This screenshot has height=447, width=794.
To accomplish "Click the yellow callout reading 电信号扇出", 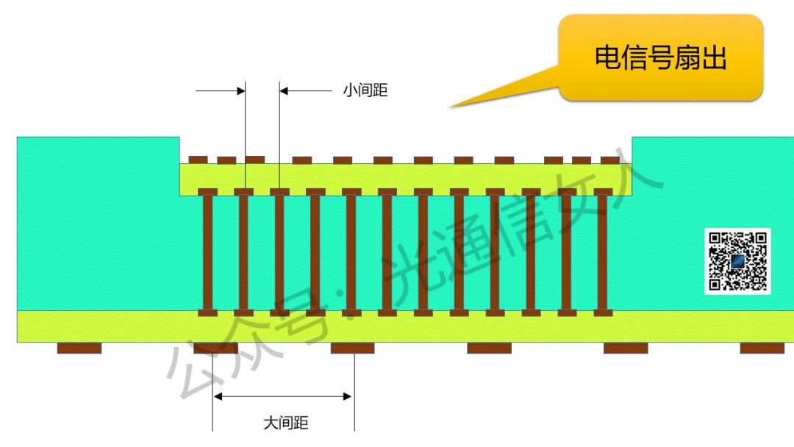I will click(660, 57).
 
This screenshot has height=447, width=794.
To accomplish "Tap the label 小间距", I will click(365, 91).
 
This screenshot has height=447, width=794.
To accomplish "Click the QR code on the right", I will click(737, 261).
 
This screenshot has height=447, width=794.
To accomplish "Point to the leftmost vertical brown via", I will click(208, 251).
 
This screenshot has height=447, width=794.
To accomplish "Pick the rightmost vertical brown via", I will click(603, 251).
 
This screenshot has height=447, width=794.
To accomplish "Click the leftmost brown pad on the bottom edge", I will click(79, 348).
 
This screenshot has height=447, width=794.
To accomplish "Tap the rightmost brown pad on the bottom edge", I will click(762, 348).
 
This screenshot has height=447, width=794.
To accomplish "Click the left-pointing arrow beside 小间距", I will click(305, 91).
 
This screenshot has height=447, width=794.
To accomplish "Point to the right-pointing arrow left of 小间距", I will click(221, 91).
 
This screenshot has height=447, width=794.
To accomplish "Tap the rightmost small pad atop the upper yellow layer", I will click(610, 160).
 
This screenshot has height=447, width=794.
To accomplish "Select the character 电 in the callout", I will click(607, 57).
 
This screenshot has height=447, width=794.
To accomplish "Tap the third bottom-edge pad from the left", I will click(352, 348).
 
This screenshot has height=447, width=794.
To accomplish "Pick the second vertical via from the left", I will click(243, 251).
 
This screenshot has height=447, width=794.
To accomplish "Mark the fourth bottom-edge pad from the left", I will click(489, 348).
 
